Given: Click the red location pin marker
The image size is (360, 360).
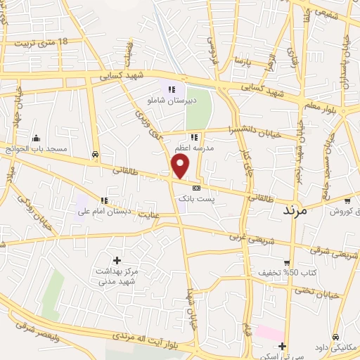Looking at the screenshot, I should pyautogui.click(x=181, y=167).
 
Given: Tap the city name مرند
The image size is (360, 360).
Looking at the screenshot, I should pyautogui.click(x=296, y=210).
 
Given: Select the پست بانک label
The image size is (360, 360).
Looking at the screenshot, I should pyautogui.click(x=194, y=200).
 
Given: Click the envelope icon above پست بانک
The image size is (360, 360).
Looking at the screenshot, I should pyautogui.click(x=195, y=188).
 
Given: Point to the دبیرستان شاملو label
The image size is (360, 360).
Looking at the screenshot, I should pyautogui.click(x=165, y=101).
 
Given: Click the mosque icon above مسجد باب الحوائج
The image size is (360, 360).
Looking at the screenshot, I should pyautogui.click(x=37, y=138).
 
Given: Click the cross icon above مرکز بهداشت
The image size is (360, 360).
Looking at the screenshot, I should pyautogui.click(x=117, y=259).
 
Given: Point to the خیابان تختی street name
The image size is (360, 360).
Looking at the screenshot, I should pyautogui.click(x=323, y=295).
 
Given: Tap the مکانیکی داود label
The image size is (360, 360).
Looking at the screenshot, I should pyautogui.click(x=337, y=347).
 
